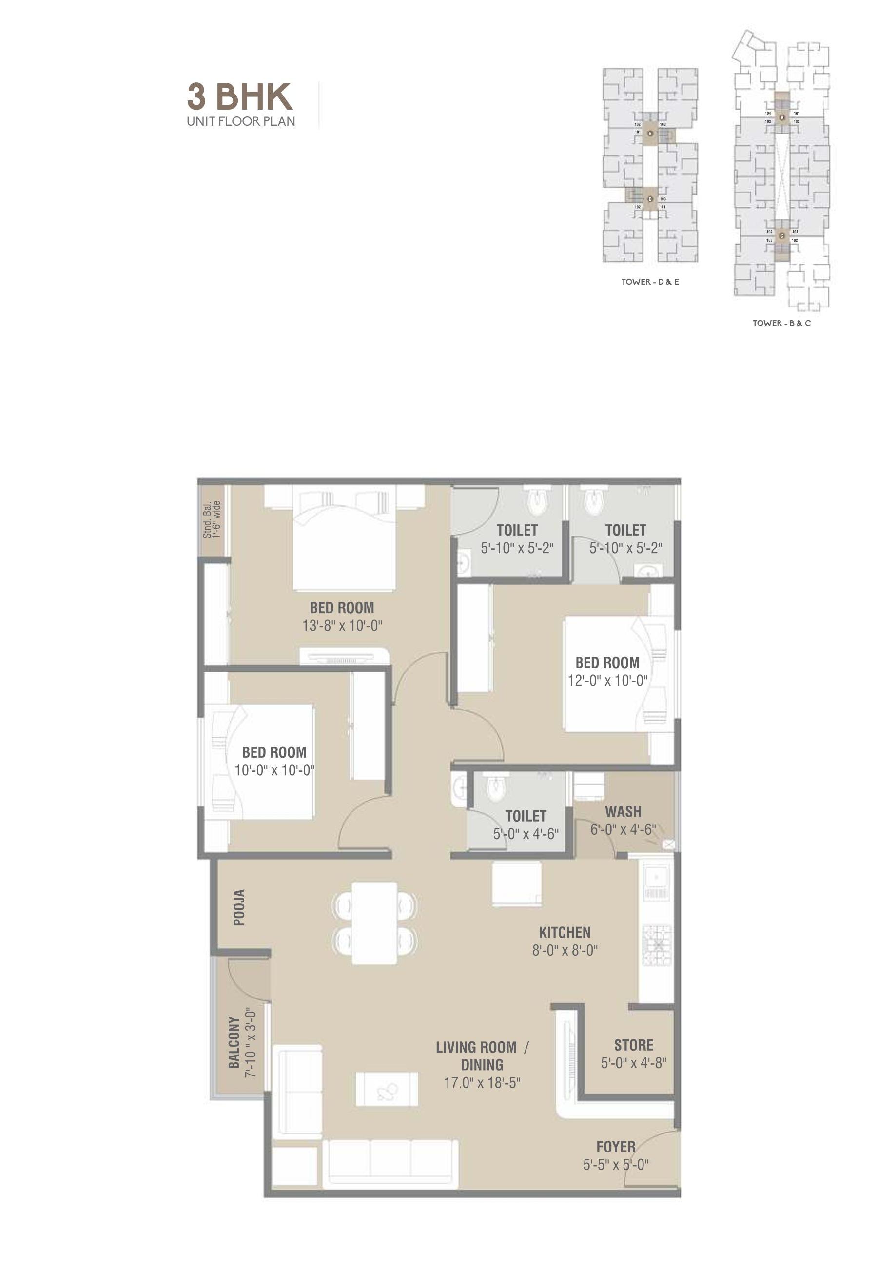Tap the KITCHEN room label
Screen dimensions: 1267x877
[x=565, y=932]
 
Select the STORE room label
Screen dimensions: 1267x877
[x=634, y=1045]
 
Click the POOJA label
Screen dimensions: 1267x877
[x=239, y=908]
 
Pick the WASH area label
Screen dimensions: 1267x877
[x=623, y=812]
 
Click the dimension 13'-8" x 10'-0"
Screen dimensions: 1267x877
[x=342, y=626]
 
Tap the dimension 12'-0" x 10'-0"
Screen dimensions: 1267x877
[x=607, y=680]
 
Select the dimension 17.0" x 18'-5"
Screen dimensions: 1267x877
[x=482, y=1083]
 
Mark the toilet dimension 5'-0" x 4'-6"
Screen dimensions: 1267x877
[x=526, y=834]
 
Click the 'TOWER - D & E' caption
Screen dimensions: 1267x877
[x=650, y=282]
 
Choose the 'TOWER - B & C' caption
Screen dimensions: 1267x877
[x=781, y=323]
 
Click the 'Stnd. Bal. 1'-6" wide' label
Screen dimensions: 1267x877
[x=212, y=519]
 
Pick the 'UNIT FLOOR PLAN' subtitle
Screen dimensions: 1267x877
[x=241, y=121]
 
